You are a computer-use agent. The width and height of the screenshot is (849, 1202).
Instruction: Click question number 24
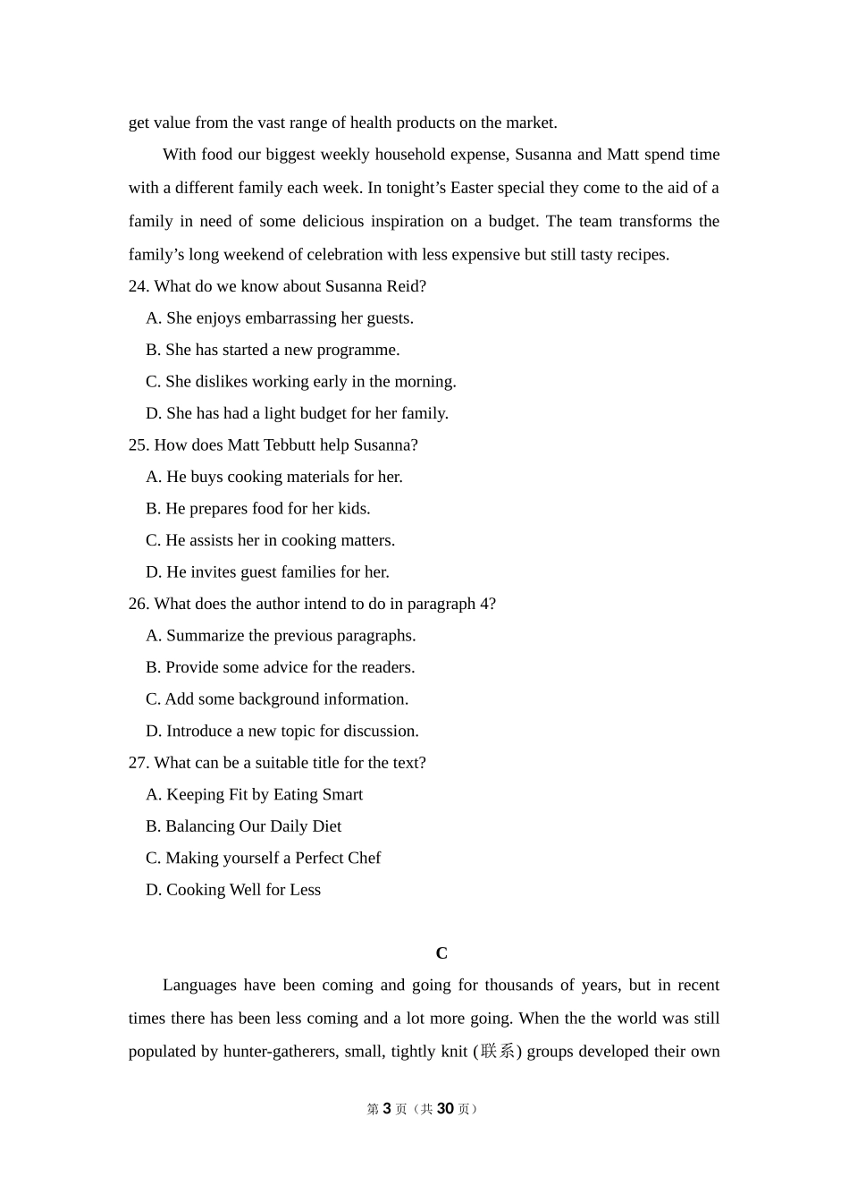click(138, 286)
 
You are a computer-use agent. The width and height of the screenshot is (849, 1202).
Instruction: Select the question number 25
click(138, 445)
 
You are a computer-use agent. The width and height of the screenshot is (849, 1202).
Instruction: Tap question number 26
click(138, 604)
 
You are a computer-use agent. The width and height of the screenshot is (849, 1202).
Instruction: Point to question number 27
click(138, 763)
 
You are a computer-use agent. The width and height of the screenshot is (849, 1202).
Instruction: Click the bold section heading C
click(441, 953)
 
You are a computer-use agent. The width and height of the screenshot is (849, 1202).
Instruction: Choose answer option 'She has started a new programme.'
click(273, 350)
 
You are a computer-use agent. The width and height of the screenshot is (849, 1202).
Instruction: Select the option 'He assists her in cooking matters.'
click(270, 540)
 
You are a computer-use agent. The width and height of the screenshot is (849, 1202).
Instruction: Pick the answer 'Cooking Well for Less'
click(233, 890)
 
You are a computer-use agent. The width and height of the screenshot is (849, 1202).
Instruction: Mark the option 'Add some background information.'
click(277, 699)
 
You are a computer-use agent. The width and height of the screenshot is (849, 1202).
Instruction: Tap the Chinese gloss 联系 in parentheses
click(498, 1051)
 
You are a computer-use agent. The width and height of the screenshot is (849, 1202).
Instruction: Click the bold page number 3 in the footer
click(387, 1109)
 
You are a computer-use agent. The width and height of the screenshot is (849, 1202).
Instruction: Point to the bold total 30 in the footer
click(445, 1109)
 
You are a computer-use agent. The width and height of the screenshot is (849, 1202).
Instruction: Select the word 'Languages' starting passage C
click(199, 986)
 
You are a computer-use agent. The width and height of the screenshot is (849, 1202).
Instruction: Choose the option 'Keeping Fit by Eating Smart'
click(255, 794)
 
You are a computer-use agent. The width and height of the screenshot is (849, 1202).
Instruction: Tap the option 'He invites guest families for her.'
click(268, 572)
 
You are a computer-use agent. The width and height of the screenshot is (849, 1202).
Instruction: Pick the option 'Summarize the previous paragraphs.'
click(281, 636)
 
